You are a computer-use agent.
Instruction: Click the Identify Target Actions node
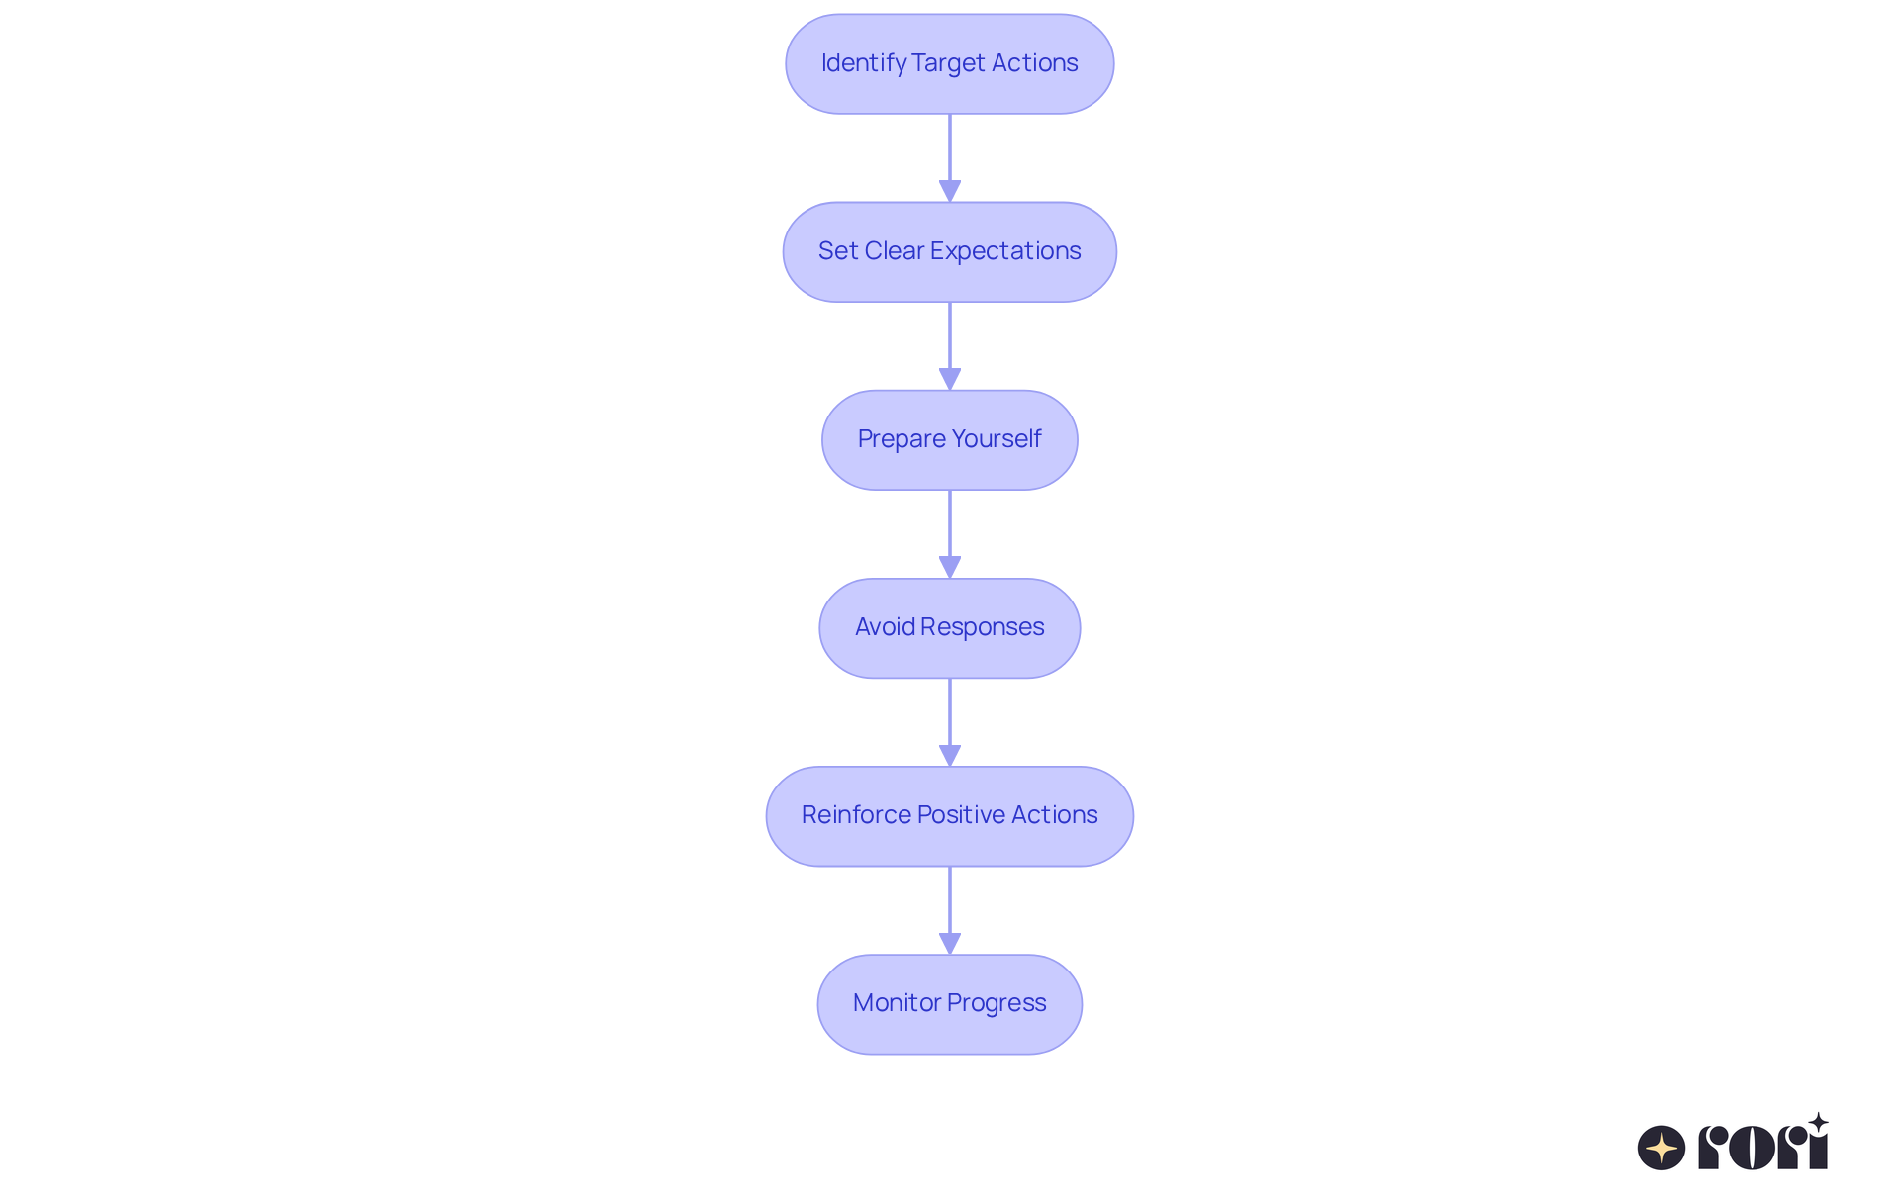(x=949, y=63)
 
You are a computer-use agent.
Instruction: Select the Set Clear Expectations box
(x=949, y=251)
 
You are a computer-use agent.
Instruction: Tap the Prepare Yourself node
(x=949, y=439)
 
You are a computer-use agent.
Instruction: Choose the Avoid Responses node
(x=949, y=627)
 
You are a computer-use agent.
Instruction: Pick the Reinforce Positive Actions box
(x=949, y=815)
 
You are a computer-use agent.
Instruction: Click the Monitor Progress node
(x=949, y=1003)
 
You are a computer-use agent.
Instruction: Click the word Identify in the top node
(x=863, y=63)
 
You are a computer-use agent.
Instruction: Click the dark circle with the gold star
(x=1662, y=1148)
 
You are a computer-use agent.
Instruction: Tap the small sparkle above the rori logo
(x=1818, y=1123)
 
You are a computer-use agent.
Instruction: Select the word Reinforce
(x=855, y=815)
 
